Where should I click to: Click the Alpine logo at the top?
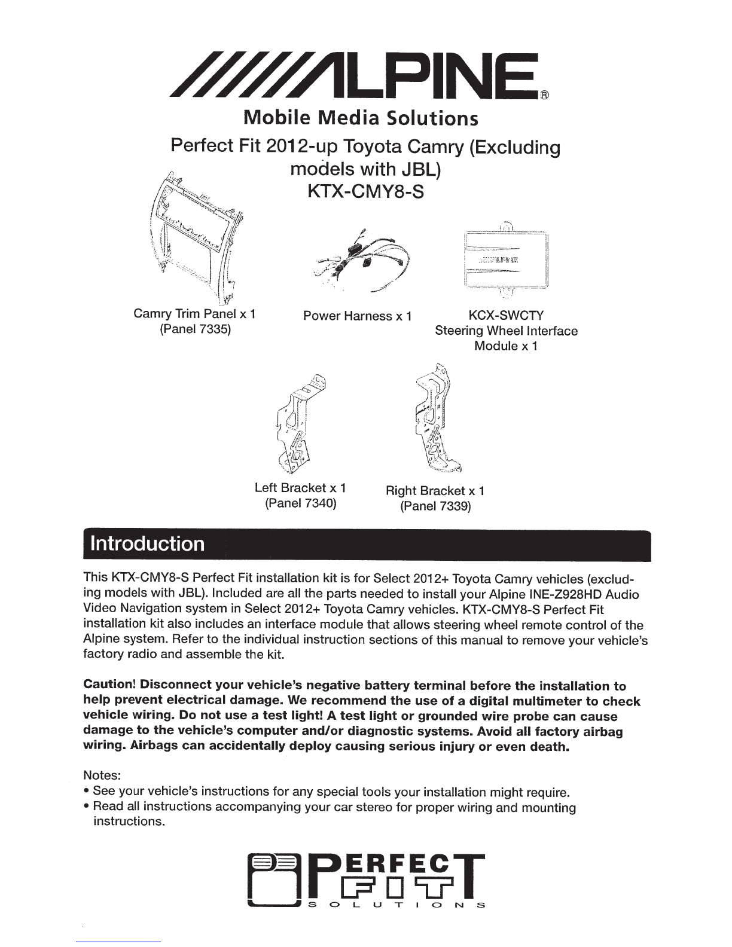pyautogui.click(x=355, y=75)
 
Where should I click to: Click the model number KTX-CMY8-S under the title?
pyautogui.click(x=365, y=192)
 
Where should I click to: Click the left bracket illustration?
pyautogui.click(x=301, y=424)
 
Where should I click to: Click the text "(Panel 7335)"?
pyautogui.click(x=195, y=329)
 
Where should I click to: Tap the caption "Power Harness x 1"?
pyautogui.click(x=358, y=316)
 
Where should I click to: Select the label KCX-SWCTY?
pyautogui.click(x=506, y=315)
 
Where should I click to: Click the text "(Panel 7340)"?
pyautogui.click(x=301, y=503)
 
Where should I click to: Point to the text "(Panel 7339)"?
pyautogui.click(x=435, y=506)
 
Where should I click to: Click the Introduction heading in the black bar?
pyautogui.click(x=147, y=544)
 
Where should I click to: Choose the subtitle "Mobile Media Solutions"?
pyautogui.click(x=361, y=118)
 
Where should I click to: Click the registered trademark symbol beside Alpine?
pyautogui.click(x=545, y=95)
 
